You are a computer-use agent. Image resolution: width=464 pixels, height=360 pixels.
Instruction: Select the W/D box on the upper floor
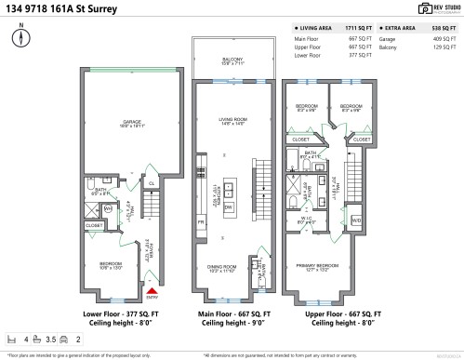pyautogui.click(x=357, y=220)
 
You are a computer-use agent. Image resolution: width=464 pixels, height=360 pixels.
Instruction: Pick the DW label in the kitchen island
pyautogui.click(x=229, y=208)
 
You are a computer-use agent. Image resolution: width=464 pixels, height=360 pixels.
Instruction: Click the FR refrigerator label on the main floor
pyautogui.click(x=200, y=223)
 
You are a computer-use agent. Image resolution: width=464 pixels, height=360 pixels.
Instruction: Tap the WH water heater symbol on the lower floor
pyautogui.click(x=108, y=209)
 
